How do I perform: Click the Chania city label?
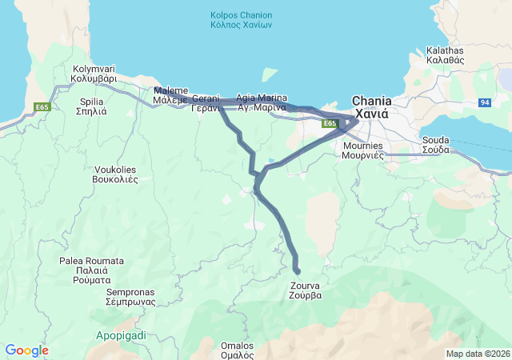point(372,107)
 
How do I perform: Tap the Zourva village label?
point(306,289)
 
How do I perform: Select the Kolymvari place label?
point(94,74)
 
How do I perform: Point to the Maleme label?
point(170,96)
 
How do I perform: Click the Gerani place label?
point(206,103)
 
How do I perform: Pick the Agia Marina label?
point(257,102)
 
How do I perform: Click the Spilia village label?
point(94,106)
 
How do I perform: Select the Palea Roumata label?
point(91,270)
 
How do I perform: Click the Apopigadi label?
point(121,335)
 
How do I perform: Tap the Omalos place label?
point(237,350)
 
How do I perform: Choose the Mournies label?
point(363,150)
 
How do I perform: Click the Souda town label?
point(436,145)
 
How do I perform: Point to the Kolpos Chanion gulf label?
point(241,20)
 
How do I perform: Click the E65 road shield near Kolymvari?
point(42,106)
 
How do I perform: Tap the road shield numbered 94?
point(484,102)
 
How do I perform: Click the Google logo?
point(26,350)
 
